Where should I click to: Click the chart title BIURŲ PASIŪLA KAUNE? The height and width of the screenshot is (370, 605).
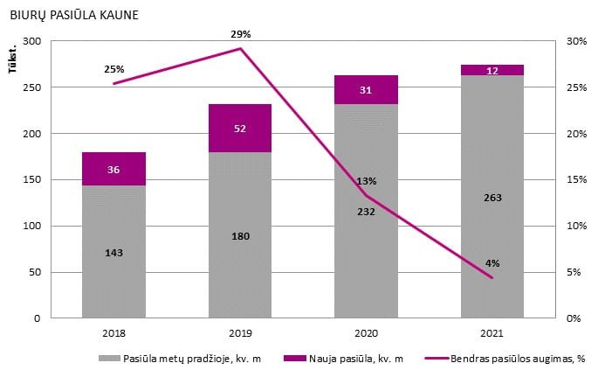point(73,16)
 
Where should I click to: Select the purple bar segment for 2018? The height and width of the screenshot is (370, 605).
point(114,169)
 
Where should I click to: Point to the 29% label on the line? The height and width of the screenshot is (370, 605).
point(241,34)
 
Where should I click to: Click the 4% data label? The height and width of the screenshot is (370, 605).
point(492,262)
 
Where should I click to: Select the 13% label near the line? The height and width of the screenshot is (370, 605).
point(367,181)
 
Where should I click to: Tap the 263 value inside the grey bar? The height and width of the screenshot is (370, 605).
point(492,197)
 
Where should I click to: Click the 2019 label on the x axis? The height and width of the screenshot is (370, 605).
point(240,333)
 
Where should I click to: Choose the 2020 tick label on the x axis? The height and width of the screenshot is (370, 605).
point(366,333)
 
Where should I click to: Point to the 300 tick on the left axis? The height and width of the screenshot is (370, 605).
point(31,41)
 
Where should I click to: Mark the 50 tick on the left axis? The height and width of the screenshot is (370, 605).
point(35,272)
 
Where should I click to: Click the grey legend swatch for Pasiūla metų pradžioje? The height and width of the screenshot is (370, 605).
point(109,358)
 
